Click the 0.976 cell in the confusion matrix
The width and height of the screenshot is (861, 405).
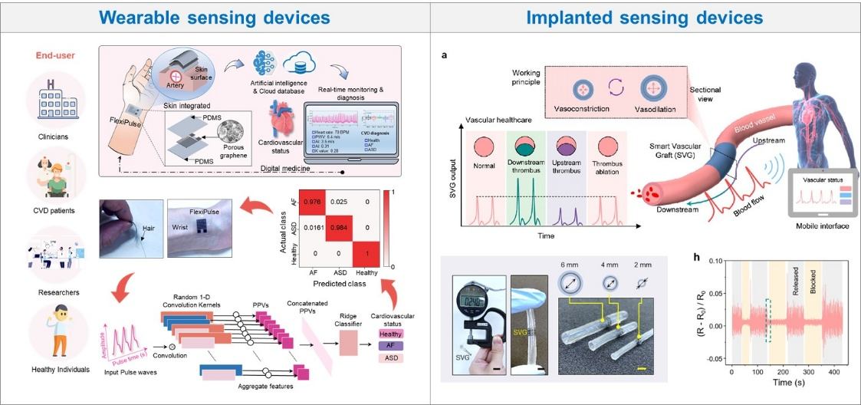[x=309, y=202]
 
